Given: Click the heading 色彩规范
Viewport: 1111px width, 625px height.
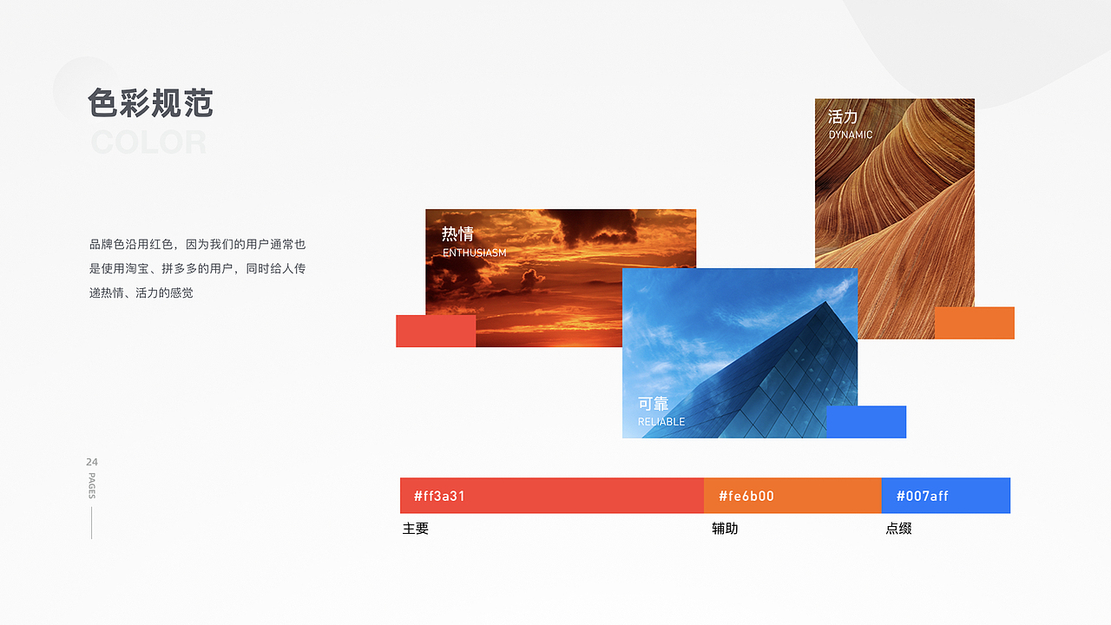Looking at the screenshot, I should [150, 103].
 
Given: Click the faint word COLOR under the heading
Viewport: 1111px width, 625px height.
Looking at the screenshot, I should [148, 142].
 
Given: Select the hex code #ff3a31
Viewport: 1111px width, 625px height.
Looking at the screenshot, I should [439, 497].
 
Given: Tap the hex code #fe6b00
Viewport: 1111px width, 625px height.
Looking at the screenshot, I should [746, 497].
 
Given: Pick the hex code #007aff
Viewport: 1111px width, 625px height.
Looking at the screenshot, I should [922, 497].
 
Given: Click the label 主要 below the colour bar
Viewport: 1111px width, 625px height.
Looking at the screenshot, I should [416, 529].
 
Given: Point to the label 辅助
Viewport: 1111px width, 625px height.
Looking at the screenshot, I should [725, 529].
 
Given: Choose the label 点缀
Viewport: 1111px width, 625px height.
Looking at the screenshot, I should [898, 529].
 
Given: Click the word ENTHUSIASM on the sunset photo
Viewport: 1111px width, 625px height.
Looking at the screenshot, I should [474, 253].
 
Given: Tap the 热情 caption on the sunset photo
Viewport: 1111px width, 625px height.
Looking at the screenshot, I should [457, 234].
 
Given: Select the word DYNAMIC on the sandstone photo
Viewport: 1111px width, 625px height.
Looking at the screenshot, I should [851, 135].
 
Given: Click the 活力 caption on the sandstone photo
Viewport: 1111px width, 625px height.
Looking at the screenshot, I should [843, 116].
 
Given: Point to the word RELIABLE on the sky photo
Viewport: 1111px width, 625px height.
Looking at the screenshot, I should [661, 422].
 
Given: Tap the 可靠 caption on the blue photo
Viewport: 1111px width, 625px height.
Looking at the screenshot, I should [654, 404].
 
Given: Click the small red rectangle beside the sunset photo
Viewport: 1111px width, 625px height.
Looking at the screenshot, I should [436, 331].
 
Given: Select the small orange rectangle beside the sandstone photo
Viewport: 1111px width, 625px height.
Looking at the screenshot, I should [975, 323].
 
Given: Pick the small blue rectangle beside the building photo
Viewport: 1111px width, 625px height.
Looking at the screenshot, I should [865, 422].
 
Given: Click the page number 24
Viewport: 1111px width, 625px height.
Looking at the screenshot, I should [92, 462].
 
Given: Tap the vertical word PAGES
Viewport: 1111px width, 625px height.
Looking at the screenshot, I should [92, 486].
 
